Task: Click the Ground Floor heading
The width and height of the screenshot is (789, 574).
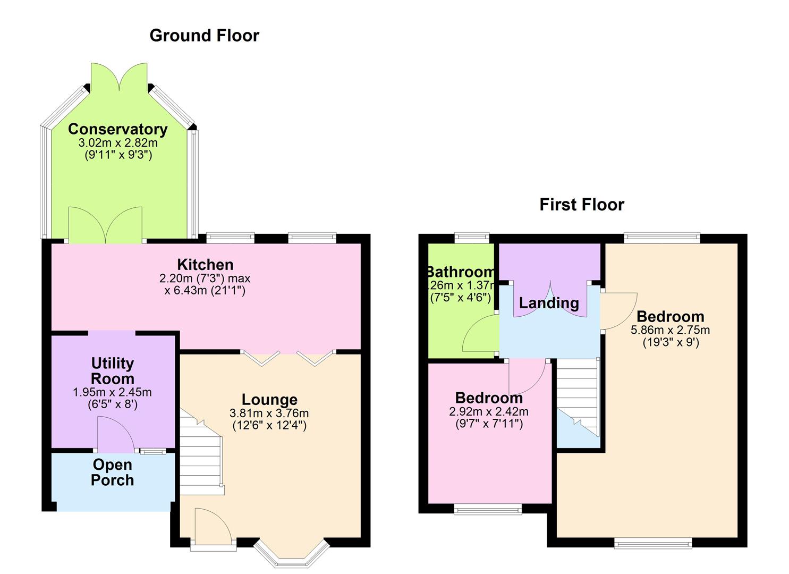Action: coord(204,35)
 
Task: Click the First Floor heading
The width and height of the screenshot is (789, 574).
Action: coord(581,204)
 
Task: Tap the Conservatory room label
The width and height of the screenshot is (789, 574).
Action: coord(117,129)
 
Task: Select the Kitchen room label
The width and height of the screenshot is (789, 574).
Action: coord(205,264)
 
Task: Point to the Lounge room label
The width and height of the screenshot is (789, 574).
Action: coord(269,399)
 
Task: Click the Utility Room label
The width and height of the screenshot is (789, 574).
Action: coord(112,371)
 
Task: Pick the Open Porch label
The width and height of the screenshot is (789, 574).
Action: coord(112,472)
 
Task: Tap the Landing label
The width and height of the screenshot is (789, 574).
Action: coord(549,303)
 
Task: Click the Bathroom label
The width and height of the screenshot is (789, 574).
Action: coord(461,272)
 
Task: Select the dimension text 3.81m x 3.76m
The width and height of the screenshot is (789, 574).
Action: coord(269,413)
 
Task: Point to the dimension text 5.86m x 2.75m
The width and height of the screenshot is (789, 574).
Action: coord(670,330)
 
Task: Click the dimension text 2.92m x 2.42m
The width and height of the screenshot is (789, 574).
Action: coord(489,411)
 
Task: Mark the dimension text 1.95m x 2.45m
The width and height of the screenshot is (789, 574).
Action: coord(112,392)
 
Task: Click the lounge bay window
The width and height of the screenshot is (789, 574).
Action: coord(291,555)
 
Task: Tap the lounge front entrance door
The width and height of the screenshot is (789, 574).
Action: coord(213,529)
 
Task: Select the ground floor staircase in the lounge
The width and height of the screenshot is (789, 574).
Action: coord(201,452)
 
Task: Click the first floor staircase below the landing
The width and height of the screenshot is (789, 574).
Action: coord(578,393)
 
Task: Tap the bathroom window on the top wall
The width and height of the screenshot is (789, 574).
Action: coord(471,238)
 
